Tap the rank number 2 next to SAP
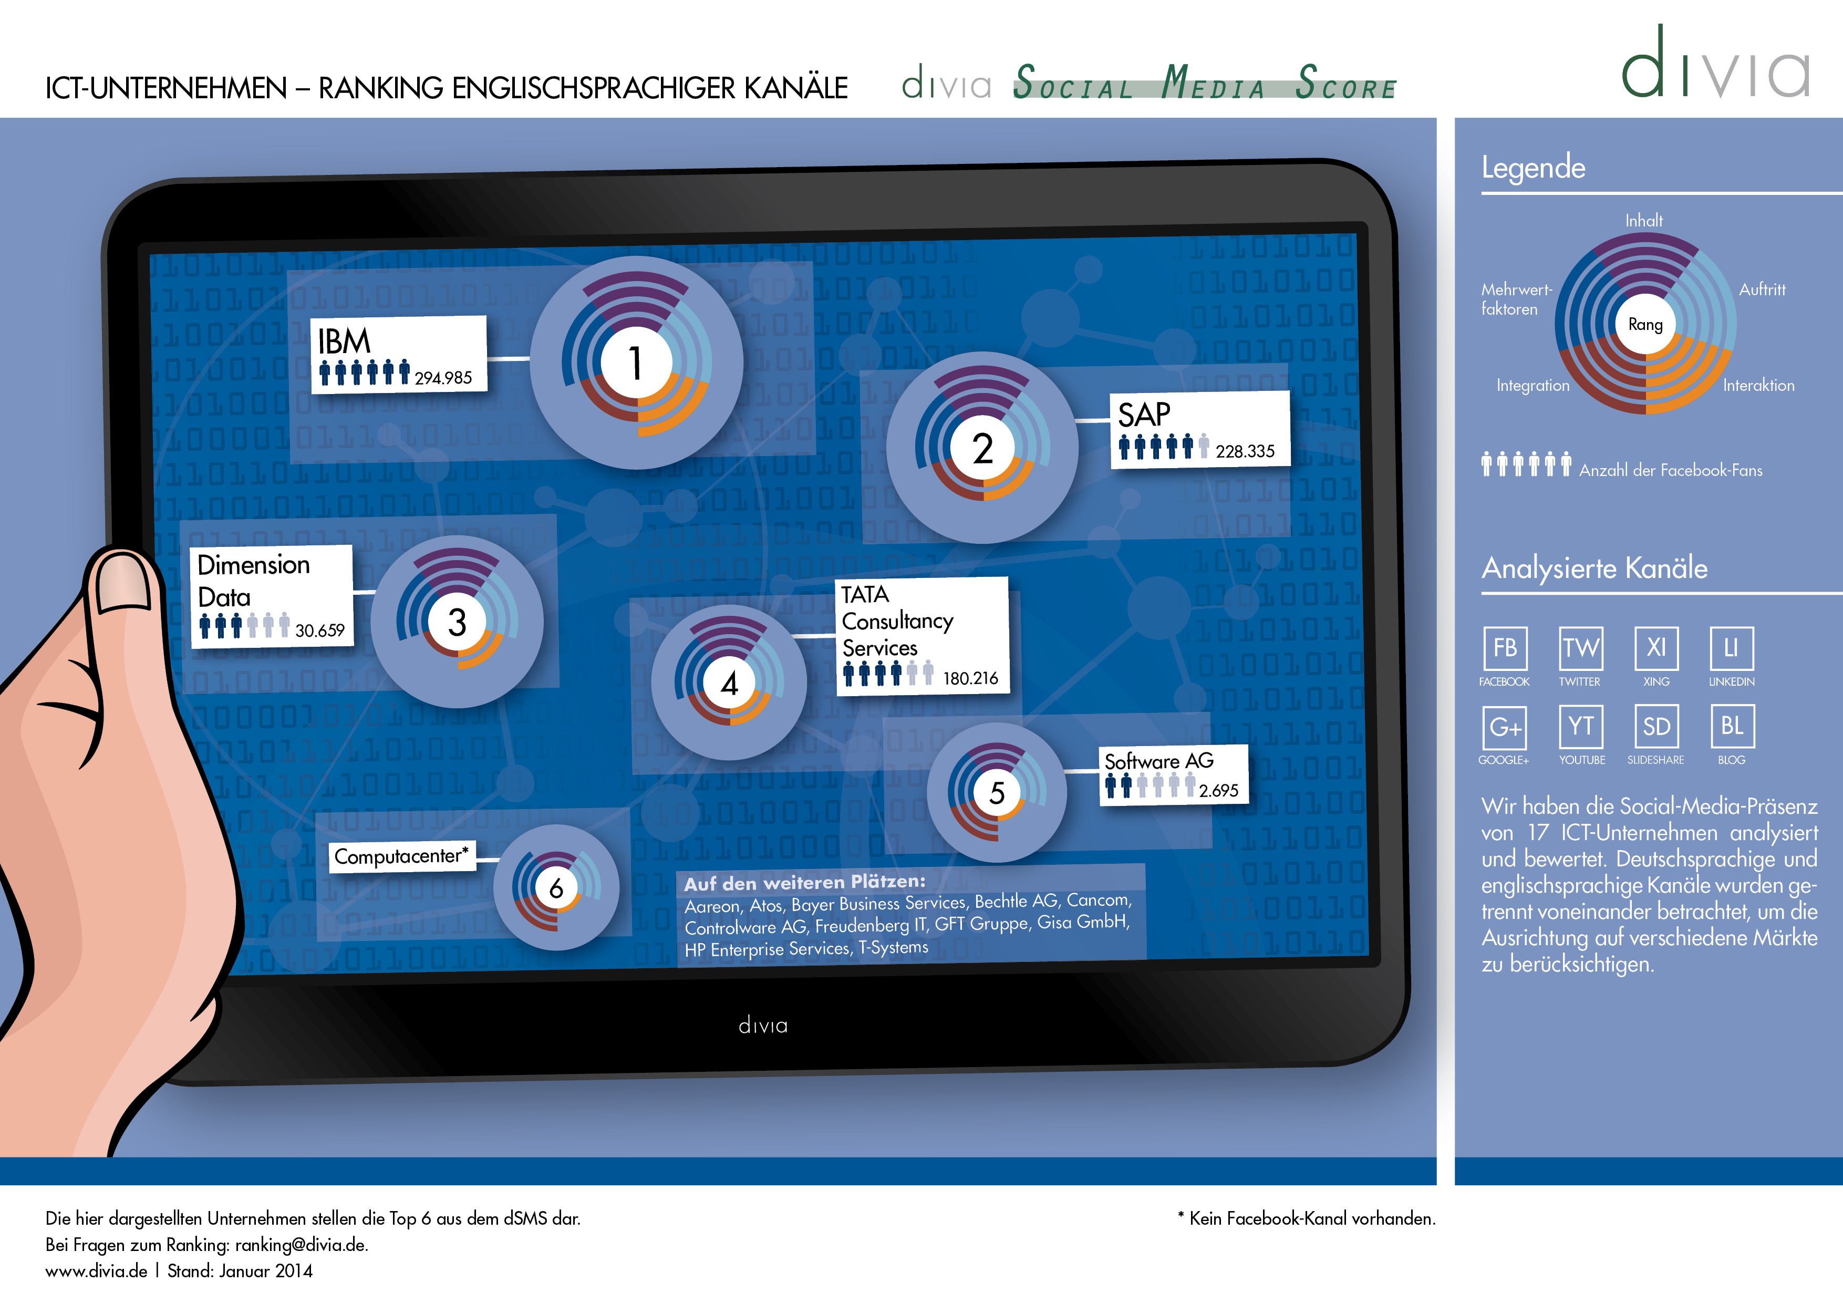(982, 448)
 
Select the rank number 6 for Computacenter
(555, 888)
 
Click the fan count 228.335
(1245, 451)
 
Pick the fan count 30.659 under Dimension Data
(319, 630)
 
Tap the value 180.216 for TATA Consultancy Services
(970, 678)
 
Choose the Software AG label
(1159, 760)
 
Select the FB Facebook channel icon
(1505, 648)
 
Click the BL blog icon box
(1732, 727)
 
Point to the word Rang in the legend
(1645, 324)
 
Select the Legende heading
(1533, 168)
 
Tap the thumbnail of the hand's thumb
(125, 584)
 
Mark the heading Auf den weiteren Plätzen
(804, 882)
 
